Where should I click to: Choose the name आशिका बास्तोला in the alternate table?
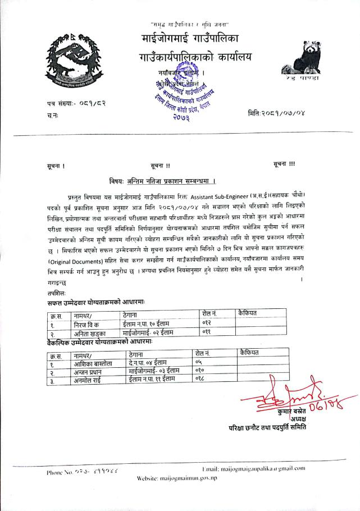click(92, 364)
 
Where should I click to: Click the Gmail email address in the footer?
click(253, 468)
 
